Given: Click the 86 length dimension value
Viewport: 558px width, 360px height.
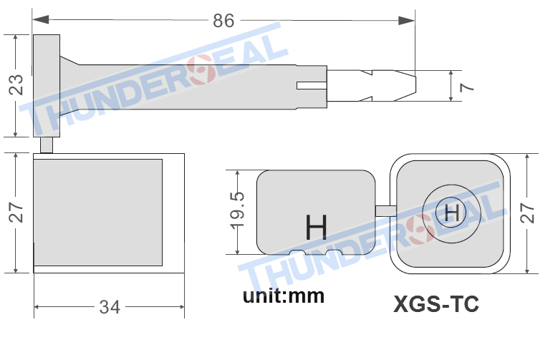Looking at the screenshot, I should pos(223,21).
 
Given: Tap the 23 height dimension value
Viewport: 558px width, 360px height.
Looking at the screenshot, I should pos(16,84).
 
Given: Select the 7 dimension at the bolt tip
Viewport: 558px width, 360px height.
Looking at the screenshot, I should pos(467,87).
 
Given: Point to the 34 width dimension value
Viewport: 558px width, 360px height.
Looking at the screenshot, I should pos(110,308).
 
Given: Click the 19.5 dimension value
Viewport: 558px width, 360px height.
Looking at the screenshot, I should pos(239,212).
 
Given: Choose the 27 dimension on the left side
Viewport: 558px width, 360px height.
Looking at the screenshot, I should pos(16,213).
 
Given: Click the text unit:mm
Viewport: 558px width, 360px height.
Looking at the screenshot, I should pos(283,295).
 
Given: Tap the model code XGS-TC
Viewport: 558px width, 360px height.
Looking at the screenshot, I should pos(436,304).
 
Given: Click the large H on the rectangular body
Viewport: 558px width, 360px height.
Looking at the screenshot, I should pos(316,228).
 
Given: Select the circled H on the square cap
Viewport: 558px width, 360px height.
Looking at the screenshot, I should pos(451,212).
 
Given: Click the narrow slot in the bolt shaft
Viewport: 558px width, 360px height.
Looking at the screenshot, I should pos(311,86).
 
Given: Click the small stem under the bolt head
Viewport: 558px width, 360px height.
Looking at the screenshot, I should pos(47,145).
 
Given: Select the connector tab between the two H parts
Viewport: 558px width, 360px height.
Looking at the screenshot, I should pos(385,210).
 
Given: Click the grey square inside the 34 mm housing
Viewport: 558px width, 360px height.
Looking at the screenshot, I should pos(98,212).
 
